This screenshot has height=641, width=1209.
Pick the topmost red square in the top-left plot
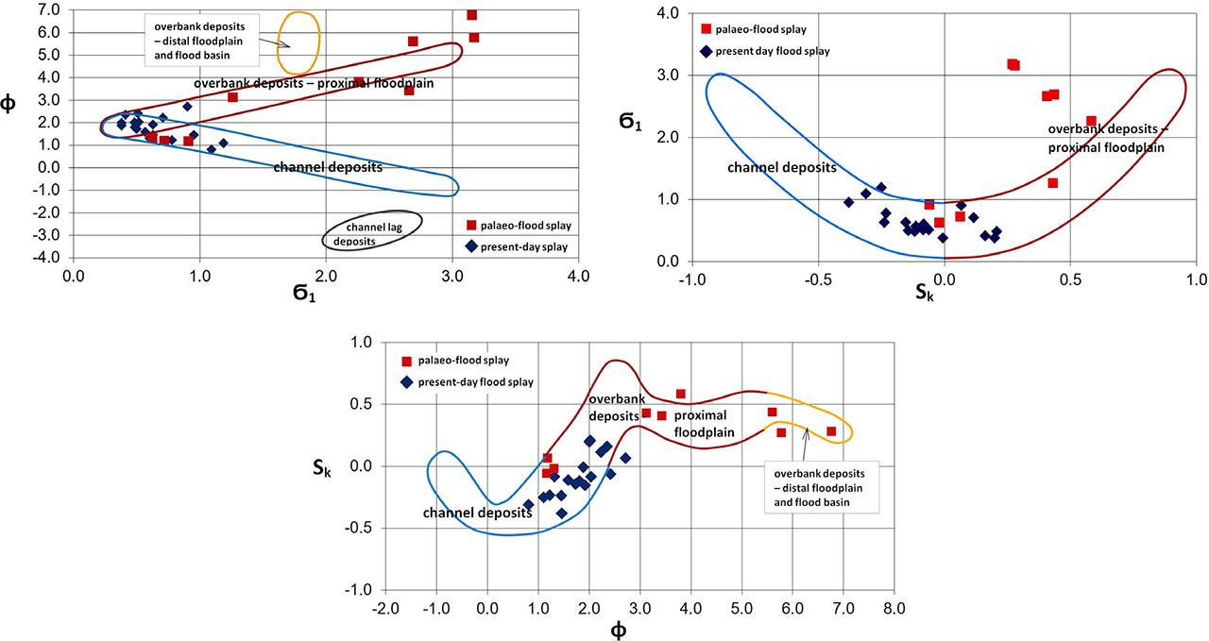pos(471,15)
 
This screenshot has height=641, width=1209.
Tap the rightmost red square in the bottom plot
pos(831,431)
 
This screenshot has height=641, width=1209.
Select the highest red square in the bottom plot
pos(680,394)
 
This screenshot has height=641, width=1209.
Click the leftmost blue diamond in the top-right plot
pos(848,202)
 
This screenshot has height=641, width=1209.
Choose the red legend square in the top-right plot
pos(706,30)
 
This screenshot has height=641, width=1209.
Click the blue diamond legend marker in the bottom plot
pos(407,382)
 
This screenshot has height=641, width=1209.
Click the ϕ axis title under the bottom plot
pos(618,630)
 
